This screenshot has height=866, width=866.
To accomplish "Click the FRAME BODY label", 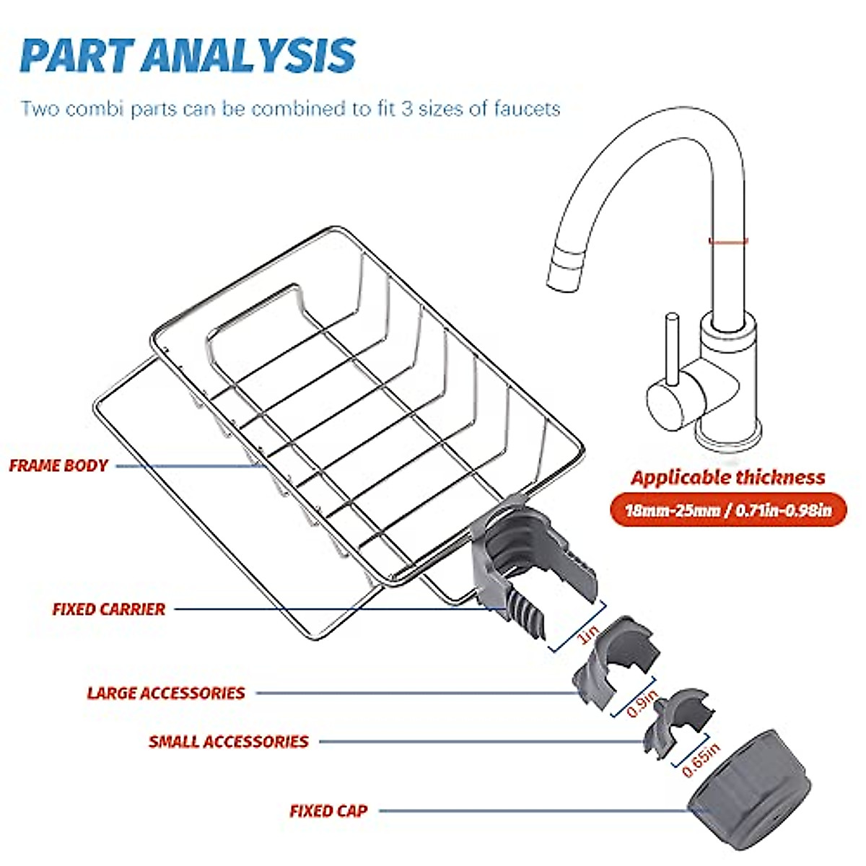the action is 58,465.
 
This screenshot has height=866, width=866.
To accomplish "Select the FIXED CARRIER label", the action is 109,609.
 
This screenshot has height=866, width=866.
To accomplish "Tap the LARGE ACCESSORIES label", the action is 166,693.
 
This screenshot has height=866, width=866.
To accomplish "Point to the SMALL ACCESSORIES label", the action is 229,742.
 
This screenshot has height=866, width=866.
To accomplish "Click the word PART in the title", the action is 77,56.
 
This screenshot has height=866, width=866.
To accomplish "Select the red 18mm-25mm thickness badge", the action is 728,510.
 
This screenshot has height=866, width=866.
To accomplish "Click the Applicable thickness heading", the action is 728,477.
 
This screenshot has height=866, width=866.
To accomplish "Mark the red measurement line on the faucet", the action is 728,241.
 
